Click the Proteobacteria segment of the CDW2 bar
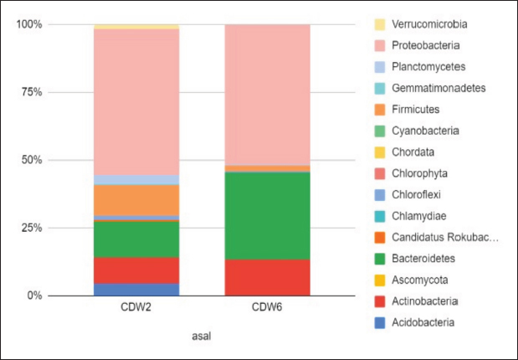pos(136,100)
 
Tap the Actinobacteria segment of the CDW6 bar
pos(268,277)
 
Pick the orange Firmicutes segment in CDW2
pos(136,199)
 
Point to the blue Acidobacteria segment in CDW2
pos(136,289)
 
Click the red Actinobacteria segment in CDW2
pos(136,270)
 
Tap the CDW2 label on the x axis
pos(136,310)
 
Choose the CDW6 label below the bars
pos(268,310)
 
